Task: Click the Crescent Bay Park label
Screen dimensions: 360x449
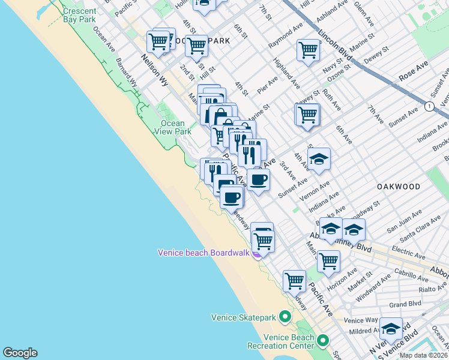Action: point(79,15)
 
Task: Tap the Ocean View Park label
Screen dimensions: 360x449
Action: point(173,127)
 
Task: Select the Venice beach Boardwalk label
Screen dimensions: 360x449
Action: point(203,253)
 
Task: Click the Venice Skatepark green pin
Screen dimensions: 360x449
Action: point(285,316)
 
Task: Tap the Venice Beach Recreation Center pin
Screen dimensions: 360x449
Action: point(323,341)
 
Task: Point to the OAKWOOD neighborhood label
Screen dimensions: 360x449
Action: point(399,187)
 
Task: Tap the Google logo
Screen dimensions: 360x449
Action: point(20,353)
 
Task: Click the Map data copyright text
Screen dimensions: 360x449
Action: point(424,355)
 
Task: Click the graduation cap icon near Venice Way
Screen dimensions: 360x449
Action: point(391,328)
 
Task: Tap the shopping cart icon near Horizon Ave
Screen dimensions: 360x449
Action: point(328,260)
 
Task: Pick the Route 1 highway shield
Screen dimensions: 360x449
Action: point(429,106)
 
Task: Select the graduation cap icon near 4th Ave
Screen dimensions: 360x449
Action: point(319,159)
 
